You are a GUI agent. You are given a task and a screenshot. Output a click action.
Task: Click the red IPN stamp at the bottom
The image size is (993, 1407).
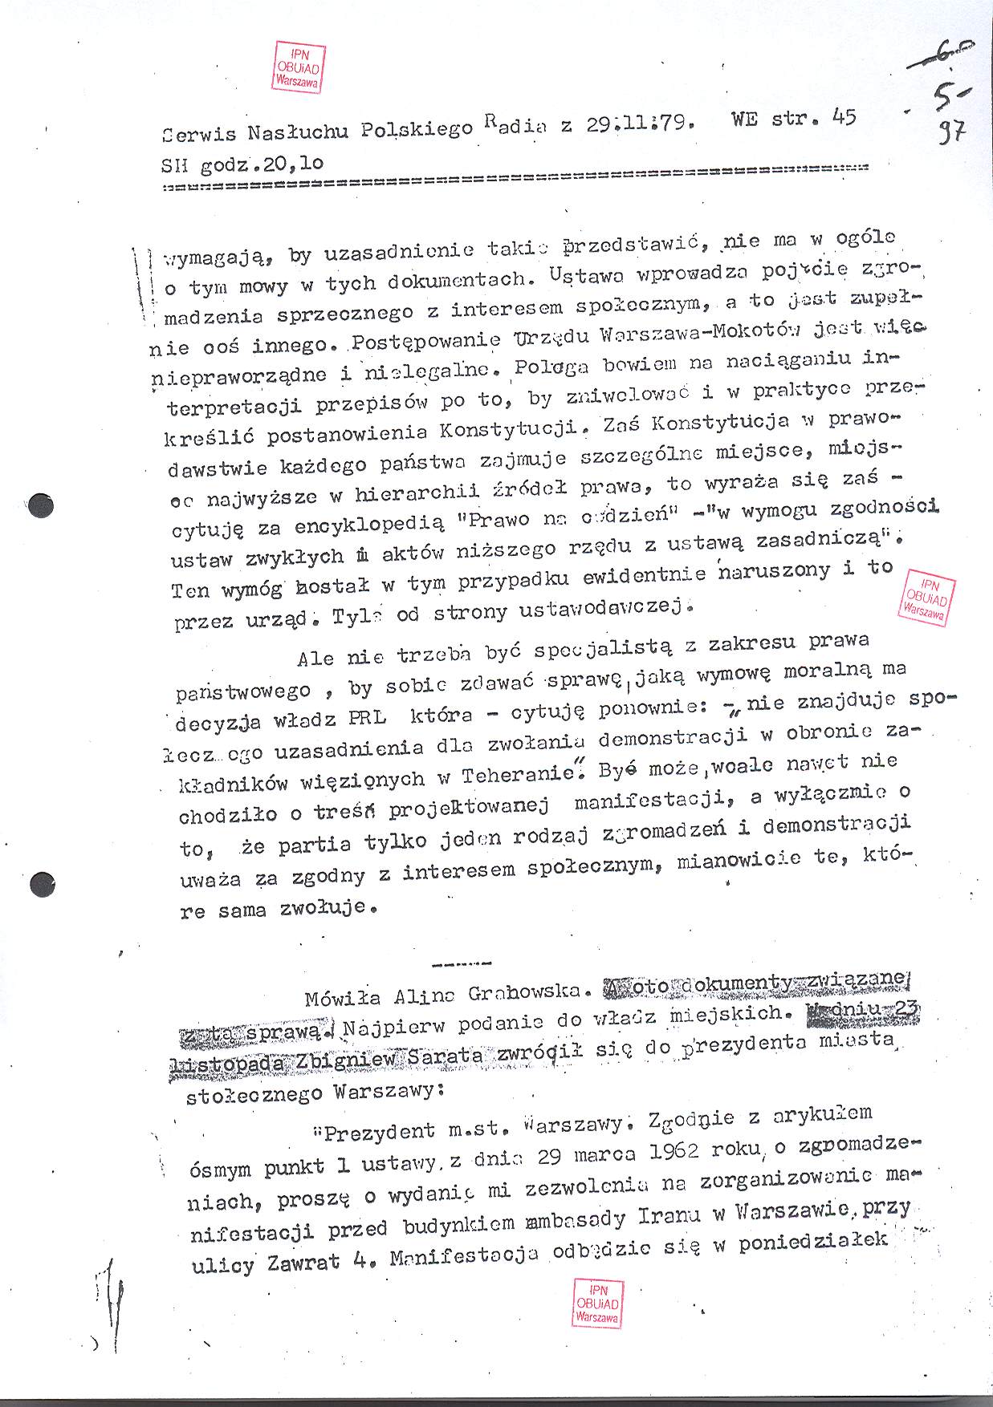[x=597, y=1303]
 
